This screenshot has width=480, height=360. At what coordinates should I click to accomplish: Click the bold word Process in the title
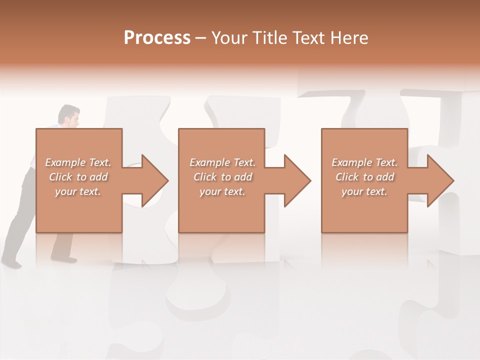[x=157, y=38]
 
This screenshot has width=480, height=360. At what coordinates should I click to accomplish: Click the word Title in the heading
[x=268, y=38]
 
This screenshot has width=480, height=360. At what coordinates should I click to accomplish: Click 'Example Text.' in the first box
[x=78, y=162]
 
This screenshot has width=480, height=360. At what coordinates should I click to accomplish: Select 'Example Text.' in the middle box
[x=222, y=162]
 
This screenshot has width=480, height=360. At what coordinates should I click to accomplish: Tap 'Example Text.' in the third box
[x=364, y=162]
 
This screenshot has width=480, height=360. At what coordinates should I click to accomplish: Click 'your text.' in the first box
[x=78, y=191]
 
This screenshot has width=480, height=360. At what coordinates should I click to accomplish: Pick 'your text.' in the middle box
[x=222, y=191]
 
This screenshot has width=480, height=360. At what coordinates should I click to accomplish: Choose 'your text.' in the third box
[x=364, y=191]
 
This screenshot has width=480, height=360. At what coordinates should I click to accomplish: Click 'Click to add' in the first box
[x=78, y=177]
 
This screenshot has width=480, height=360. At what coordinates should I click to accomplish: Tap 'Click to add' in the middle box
[x=222, y=177]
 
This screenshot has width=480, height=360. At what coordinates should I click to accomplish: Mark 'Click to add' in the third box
[x=364, y=177]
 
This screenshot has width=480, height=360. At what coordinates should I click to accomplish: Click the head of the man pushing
[x=69, y=115]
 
